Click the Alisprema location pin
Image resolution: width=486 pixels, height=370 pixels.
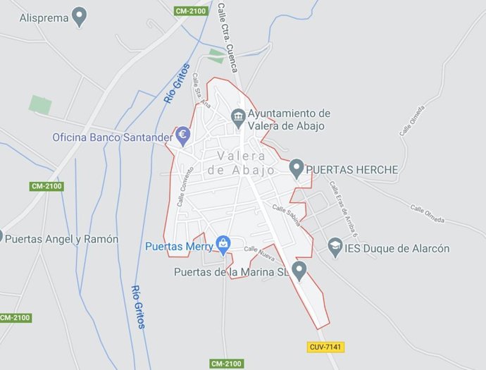click(x=80, y=16)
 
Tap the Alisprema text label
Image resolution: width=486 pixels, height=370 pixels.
click(x=44, y=17)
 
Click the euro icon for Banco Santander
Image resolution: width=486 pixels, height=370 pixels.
click(x=183, y=135)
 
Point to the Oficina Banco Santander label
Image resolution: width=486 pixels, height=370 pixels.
click(x=112, y=137)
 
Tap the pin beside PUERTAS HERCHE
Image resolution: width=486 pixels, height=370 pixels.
click(x=297, y=168)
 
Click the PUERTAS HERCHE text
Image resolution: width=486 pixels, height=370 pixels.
click(x=352, y=170)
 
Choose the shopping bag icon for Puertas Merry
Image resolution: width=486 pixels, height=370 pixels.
click(x=223, y=245)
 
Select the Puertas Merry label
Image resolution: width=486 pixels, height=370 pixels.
click(x=179, y=247)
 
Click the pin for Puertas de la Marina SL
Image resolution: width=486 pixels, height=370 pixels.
click(x=299, y=270)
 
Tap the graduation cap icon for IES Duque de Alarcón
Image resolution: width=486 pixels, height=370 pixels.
click(x=335, y=247)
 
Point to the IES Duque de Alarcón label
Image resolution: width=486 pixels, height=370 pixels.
click(x=398, y=248)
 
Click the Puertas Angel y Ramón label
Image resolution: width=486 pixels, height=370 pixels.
click(x=61, y=239)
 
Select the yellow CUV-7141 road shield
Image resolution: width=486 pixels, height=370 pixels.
click(x=325, y=347)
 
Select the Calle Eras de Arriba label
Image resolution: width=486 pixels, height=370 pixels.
click(x=342, y=210)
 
